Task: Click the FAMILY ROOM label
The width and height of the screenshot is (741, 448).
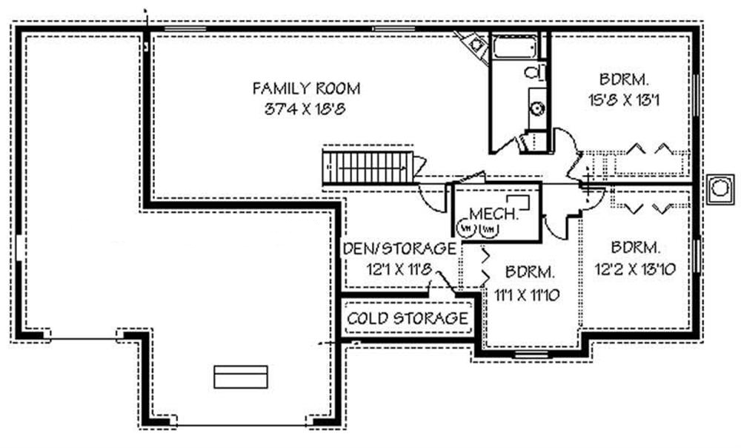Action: (307, 89)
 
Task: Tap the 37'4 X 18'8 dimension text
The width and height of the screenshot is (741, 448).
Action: (307, 109)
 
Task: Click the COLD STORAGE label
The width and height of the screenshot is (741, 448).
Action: (408, 319)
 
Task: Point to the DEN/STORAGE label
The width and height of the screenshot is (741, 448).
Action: (398, 248)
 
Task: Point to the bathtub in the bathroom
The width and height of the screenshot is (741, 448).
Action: (516, 48)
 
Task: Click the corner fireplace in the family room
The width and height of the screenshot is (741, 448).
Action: (474, 46)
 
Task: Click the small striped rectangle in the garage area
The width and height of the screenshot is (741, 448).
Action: (240, 377)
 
